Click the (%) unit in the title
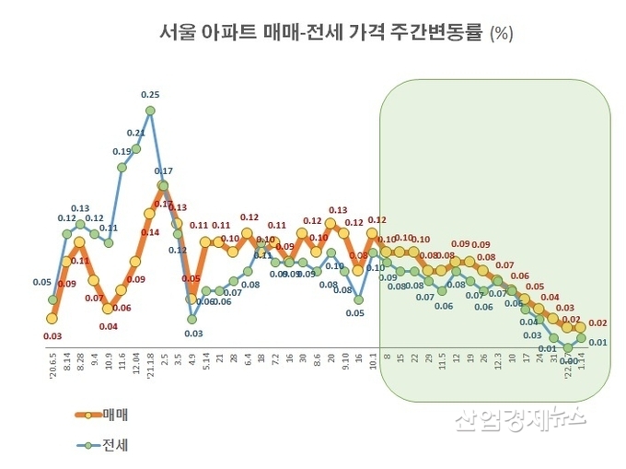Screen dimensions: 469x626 point(502,34)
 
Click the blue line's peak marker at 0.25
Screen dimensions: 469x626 point(150,111)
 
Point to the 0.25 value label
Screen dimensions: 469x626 point(150,94)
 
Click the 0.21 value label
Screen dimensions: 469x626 point(135,133)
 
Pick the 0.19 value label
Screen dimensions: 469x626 point(122,151)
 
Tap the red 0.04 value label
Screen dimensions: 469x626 point(108,325)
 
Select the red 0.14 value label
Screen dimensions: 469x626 point(150,232)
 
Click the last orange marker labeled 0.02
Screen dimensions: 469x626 point(581,327)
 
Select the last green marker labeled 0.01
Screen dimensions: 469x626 point(581,338)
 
